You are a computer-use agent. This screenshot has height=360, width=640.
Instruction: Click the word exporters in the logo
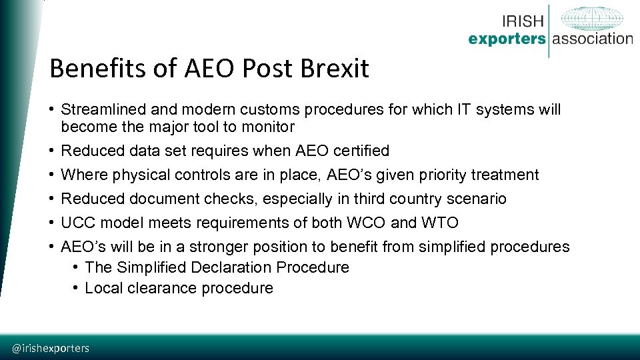coord(507,39)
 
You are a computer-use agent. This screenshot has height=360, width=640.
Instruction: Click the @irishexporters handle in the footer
coord(51,348)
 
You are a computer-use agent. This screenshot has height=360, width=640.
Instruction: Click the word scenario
coord(478,199)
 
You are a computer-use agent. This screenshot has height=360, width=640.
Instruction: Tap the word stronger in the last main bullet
coord(217,247)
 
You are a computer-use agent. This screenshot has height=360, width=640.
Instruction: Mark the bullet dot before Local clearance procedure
coord(77,288)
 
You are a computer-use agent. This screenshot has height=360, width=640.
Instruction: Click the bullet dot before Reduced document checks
coord(52,199)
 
